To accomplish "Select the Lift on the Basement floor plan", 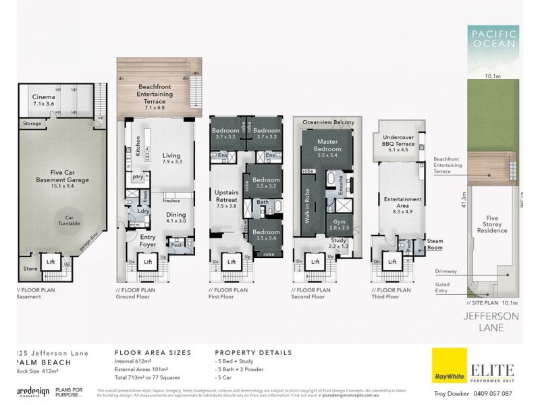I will click(50, 261).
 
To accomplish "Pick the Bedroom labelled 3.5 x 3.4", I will click(266, 234).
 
